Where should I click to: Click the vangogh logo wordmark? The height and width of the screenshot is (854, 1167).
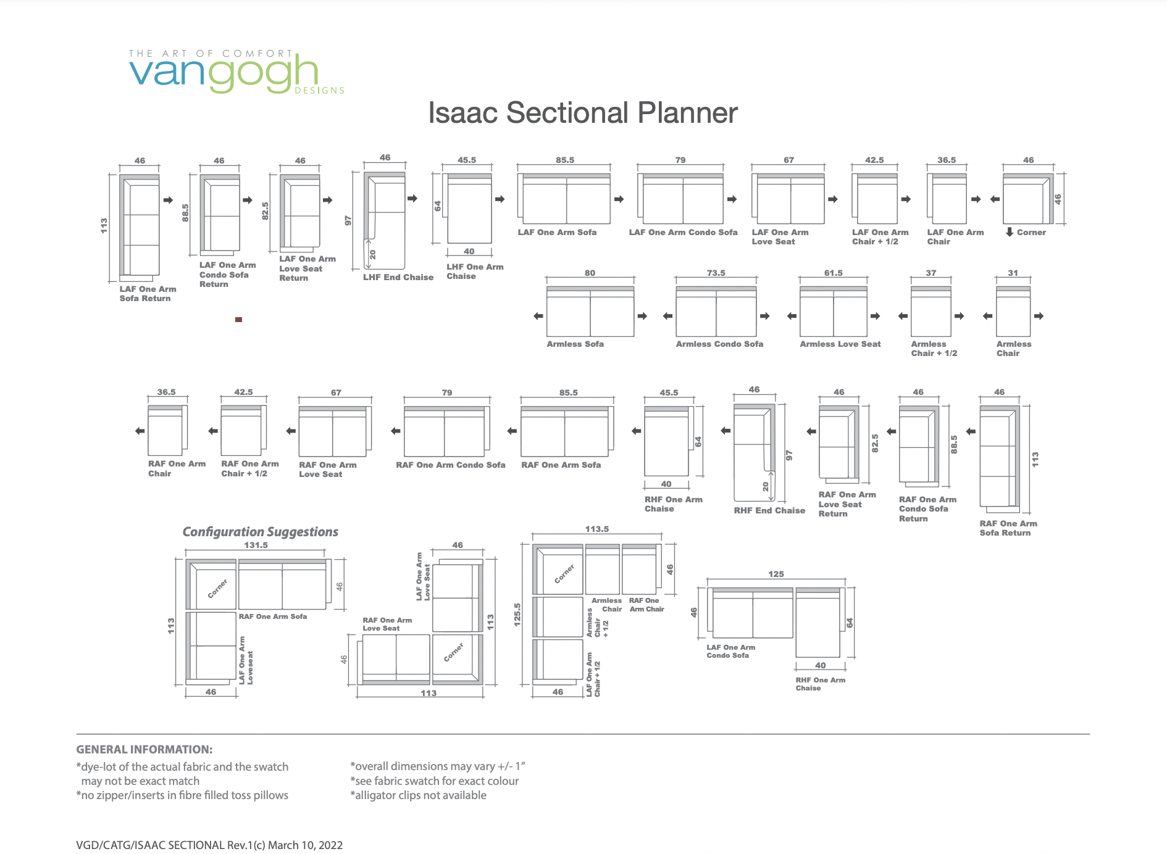[224, 73]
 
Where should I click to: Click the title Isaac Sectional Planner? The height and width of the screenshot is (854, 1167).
[583, 113]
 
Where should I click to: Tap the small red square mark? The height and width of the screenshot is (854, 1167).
[238, 320]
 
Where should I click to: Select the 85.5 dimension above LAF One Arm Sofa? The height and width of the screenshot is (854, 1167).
[564, 160]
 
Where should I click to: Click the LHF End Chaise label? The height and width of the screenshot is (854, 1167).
[398, 277]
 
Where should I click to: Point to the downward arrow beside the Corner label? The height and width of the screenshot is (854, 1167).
[1010, 232]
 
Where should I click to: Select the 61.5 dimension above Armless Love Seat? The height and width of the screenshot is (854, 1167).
[833, 273]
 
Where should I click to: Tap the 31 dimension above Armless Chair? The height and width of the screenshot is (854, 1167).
[1013, 273]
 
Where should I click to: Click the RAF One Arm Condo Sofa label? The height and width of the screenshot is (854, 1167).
[451, 465]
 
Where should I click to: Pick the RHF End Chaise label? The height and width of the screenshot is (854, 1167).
[769, 510]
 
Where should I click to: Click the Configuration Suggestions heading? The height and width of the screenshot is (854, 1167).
[260, 532]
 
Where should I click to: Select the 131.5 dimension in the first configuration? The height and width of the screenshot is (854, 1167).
[256, 545]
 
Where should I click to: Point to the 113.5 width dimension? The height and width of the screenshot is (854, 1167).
[597, 529]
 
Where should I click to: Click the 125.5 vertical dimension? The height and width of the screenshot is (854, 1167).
[517, 615]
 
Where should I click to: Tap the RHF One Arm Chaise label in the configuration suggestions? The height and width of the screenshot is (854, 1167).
[820, 684]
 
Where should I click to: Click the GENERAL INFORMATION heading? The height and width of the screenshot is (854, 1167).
[144, 750]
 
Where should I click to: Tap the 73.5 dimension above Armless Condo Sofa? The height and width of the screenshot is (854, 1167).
[716, 273]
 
